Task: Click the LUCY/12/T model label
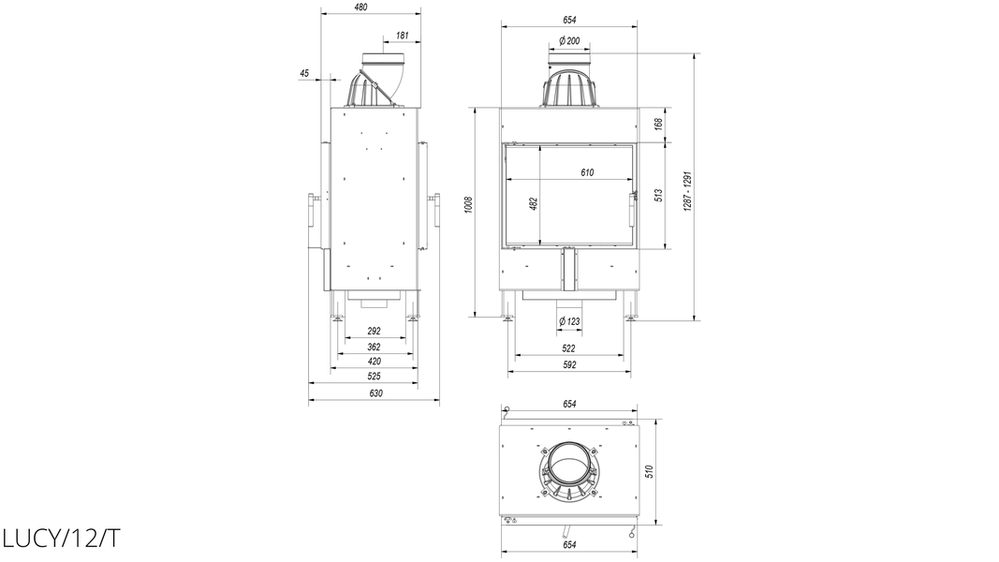61,539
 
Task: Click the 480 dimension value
360,7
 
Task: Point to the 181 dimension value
402,36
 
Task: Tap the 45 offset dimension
304,73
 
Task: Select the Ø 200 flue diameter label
569,41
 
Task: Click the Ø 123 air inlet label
569,321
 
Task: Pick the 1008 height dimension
469,204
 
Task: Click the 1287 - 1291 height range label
687,191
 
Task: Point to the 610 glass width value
587,172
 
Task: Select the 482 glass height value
534,203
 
